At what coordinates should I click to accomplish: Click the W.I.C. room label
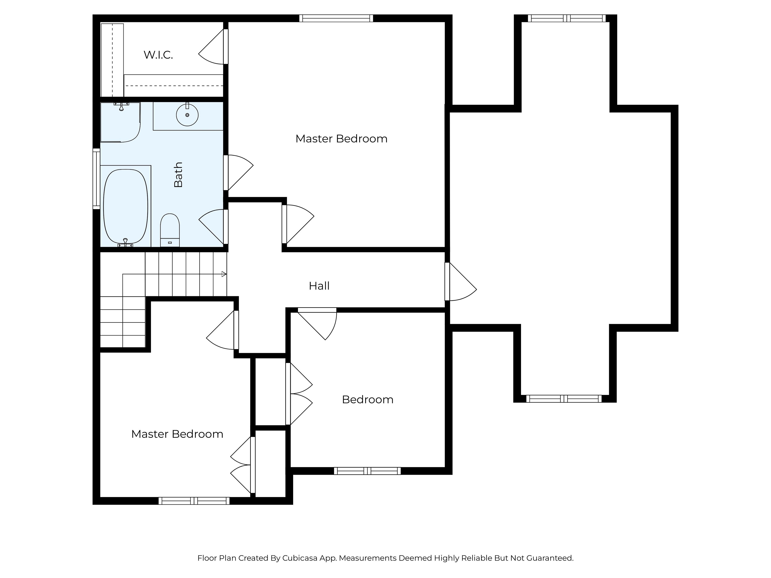coord(158,55)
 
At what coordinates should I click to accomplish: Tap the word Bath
coord(178,175)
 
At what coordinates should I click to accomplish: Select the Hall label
coord(319,286)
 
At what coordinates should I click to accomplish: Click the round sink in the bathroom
coord(187,115)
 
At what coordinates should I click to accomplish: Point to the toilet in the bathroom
coord(170,230)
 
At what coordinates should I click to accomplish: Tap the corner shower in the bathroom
coord(120,122)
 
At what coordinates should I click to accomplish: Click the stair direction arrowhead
coord(224,274)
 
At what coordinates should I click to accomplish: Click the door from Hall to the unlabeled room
coord(460,282)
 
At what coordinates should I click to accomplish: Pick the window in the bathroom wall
coord(96,179)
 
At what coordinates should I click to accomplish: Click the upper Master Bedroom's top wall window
coord(336,18)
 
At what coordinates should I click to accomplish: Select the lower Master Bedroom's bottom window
coord(194,501)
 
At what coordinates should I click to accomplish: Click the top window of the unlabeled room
coord(567,18)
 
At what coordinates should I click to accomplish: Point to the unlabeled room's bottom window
coord(564,399)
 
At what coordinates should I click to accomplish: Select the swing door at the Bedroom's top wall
coord(317,324)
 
